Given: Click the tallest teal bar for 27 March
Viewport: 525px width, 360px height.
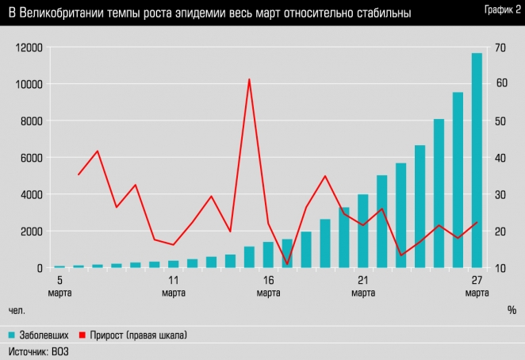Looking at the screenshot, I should pos(477,159).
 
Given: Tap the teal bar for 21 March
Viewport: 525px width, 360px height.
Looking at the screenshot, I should pos(363,230).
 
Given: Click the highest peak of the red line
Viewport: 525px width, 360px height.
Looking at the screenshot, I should pos(249,79).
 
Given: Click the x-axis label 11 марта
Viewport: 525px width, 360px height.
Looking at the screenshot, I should pos(174,286).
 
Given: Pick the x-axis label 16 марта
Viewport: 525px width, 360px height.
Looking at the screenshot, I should pos(268,286).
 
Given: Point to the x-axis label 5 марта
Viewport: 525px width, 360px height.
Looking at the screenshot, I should pos(59,286).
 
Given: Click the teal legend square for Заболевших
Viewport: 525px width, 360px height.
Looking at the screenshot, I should pos(13,335).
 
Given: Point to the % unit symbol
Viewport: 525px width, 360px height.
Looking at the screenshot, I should pos(512,309).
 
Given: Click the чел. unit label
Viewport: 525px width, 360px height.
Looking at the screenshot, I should pos(17,309).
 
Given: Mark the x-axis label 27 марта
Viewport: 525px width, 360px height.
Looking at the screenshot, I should pos(477,286).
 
